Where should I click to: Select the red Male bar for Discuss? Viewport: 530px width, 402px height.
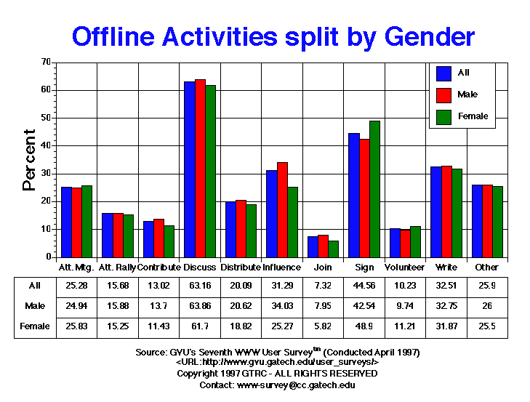(200, 168)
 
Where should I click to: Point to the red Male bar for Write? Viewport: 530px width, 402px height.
(447, 212)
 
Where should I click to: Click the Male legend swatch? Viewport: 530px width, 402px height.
(443, 94)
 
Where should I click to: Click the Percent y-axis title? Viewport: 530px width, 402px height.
(29, 159)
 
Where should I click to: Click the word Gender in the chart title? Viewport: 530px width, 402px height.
(419, 36)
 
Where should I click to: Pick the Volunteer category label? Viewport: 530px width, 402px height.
(405, 267)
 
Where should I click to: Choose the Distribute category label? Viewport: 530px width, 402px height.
(241, 267)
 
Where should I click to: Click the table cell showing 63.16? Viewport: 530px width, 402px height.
(199, 285)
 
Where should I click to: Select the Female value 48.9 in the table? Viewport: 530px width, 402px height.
(364, 326)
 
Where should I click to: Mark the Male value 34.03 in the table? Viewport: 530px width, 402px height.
(282, 305)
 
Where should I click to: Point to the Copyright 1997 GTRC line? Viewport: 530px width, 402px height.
(277, 373)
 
